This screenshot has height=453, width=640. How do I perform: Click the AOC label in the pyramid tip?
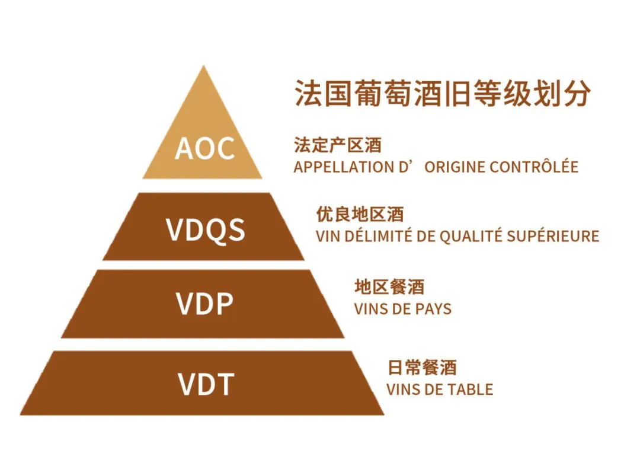point(205,148)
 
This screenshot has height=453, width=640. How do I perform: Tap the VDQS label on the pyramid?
point(205,229)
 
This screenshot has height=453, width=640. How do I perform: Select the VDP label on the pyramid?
point(204,304)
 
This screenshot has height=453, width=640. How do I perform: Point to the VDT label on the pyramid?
point(206,384)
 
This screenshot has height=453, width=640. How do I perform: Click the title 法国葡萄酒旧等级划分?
point(443,93)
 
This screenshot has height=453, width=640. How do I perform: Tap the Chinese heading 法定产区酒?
point(338,145)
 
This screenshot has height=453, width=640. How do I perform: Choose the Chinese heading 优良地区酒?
point(360,215)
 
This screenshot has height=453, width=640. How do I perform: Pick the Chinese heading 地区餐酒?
point(389,287)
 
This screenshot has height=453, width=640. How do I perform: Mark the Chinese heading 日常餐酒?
point(422,368)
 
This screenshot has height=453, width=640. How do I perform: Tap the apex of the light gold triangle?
point(203,66)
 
